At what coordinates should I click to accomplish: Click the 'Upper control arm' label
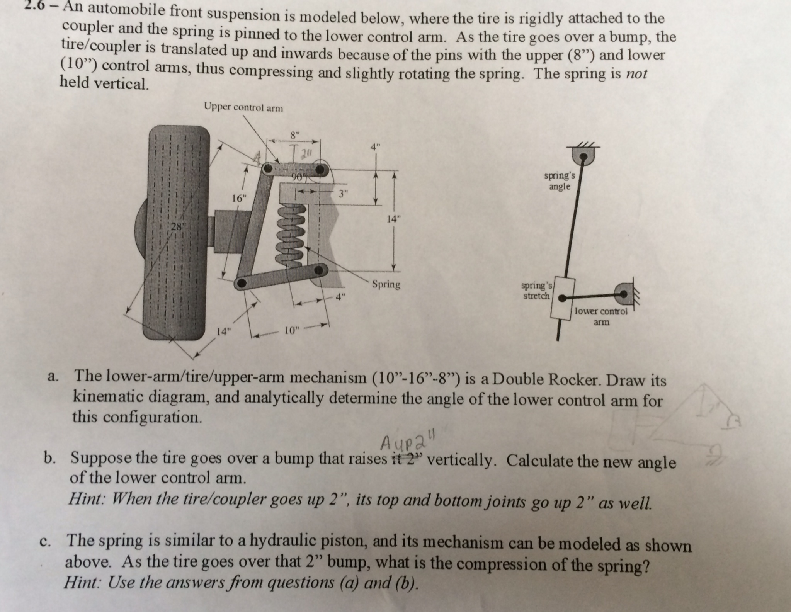tap(243, 108)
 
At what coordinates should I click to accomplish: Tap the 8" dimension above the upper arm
tap(294, 135)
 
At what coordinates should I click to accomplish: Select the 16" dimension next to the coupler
tap(239, 199)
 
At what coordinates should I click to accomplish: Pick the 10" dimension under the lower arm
tap(292, 330)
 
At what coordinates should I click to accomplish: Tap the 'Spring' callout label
tap(386, 285)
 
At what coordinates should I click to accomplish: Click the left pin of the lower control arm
tap(242, 283)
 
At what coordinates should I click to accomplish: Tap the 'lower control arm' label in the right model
tap(601, 316)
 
